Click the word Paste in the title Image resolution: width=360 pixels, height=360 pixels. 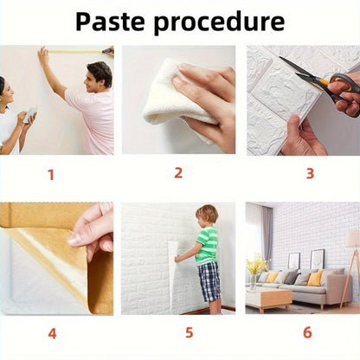point(110,22)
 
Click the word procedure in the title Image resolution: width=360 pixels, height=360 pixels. point(219,23)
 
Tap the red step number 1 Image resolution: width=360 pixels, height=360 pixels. point(51,175)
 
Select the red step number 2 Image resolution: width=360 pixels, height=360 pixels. point(178,173)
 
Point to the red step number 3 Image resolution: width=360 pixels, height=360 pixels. point(310,173)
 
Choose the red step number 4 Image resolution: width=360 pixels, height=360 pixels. point(52,333)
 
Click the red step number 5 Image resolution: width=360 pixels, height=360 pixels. point(190,332)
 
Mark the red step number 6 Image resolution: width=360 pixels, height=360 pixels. point(307,332)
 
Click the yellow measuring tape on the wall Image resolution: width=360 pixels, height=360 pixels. point(75,52)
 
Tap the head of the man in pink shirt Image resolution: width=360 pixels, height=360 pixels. point(99,76)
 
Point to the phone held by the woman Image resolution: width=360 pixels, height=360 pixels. point(30,114)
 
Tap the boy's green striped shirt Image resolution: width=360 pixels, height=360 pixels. point(207,246)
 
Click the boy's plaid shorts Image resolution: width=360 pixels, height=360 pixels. point(209,280)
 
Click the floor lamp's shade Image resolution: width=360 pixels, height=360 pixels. point(352,238)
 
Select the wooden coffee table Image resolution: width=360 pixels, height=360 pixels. point(267,299)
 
